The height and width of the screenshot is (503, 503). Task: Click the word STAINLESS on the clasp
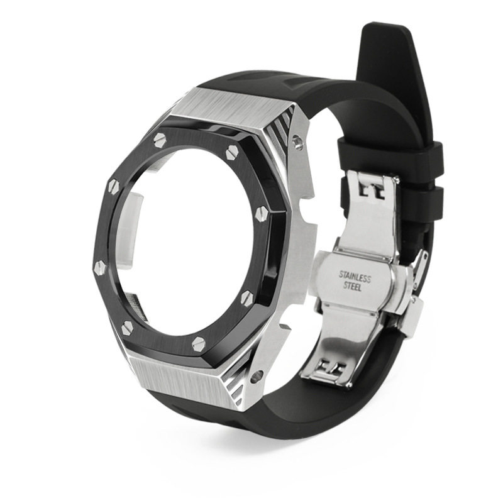point(355,277)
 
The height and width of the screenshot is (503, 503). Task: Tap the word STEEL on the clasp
point(353,287)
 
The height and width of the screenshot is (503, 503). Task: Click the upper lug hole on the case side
point(297,141)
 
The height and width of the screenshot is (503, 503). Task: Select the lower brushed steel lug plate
point(182,379)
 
